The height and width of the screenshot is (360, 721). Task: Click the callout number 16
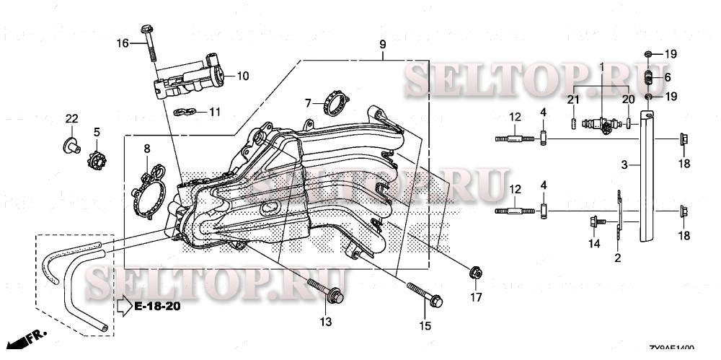[x=123, y=43]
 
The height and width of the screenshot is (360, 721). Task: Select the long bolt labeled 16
[x=150, y=48]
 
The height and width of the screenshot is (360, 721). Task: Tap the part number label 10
[x=242, y=75]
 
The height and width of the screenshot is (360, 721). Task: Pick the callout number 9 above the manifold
[x=383, y=44]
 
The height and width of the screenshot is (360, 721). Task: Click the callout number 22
[x=71, y=118]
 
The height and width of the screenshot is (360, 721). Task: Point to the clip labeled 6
[x=648, y=76]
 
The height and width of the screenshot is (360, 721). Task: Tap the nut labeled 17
[x=474, y=273]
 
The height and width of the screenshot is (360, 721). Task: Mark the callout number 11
[x=214, y=112]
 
